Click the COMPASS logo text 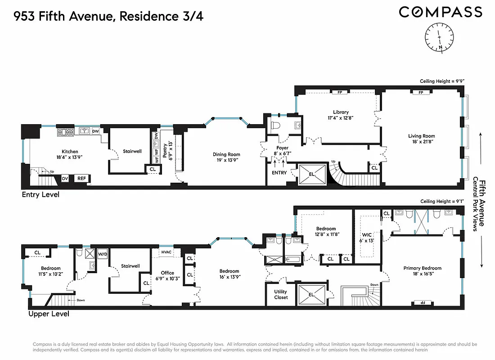440,12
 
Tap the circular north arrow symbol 440,37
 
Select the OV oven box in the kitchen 65,179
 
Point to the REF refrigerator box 81,179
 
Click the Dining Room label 226,154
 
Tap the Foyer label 282,148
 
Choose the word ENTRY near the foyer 279,173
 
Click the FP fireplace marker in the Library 340,92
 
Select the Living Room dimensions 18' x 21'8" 422,142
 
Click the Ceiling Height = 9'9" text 441,81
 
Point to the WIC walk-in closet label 367,234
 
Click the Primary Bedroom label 422,268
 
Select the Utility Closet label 280,294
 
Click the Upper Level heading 49,314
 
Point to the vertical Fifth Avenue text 482,202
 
